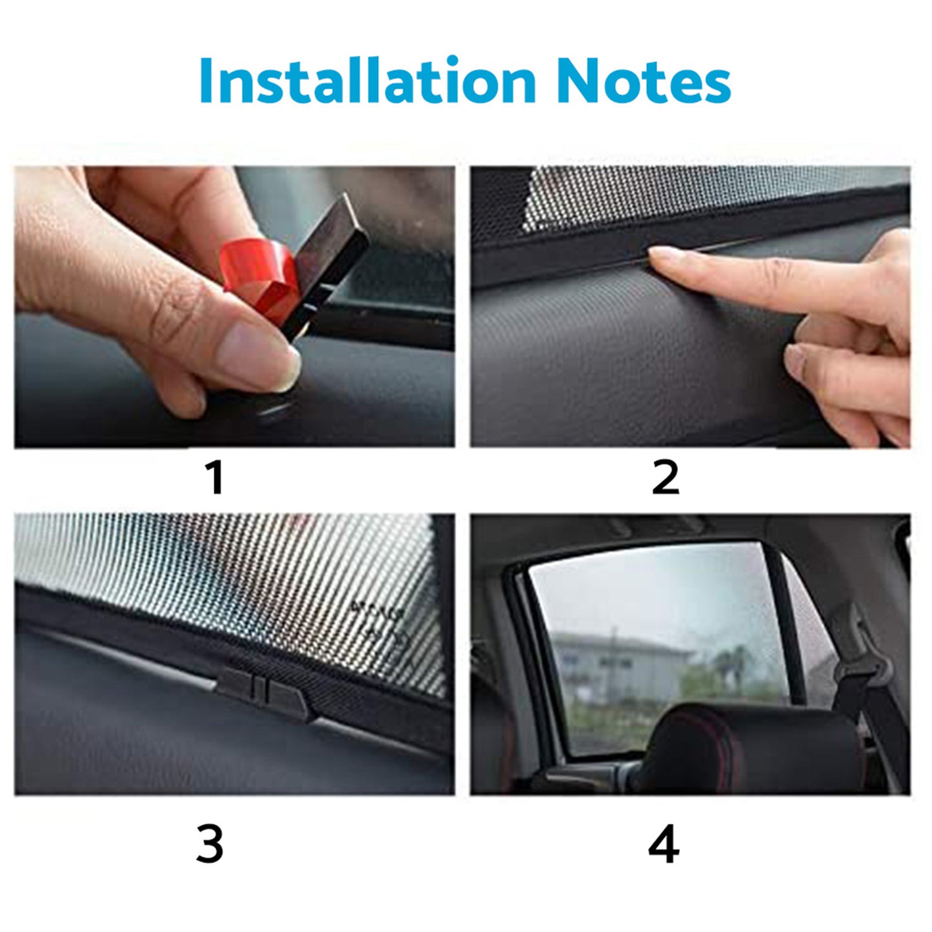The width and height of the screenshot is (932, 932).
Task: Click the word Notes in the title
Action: coord(642,81)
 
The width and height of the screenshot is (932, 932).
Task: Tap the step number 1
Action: coord(215,478)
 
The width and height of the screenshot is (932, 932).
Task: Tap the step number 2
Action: coord(665,478)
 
